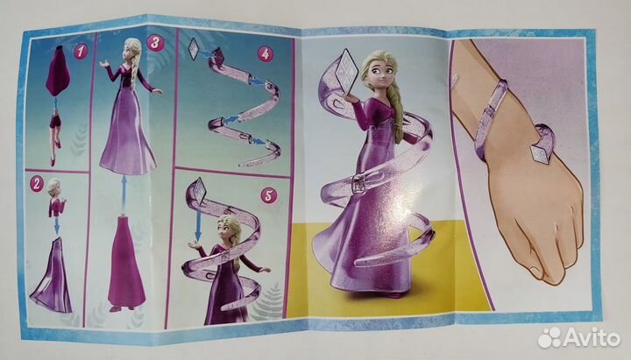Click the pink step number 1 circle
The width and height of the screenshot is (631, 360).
click(x=81, y=52)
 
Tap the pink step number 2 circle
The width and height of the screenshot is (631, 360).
click(x=36, y=184)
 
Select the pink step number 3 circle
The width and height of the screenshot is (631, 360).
click(x=155, y=44)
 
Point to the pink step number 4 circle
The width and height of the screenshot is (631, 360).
click(x=266, y=54)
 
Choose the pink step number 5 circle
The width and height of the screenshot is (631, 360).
click(x=268, y=196)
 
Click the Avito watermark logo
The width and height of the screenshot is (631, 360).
click(x=579, y=337)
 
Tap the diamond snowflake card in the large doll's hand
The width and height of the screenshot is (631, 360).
click(x=346, y=71)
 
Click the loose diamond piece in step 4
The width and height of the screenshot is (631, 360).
click(x=193, y=49)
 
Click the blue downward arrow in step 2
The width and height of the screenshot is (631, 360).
click(x=57, y=224)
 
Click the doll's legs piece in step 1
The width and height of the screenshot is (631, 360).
click(x=55, y=135)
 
